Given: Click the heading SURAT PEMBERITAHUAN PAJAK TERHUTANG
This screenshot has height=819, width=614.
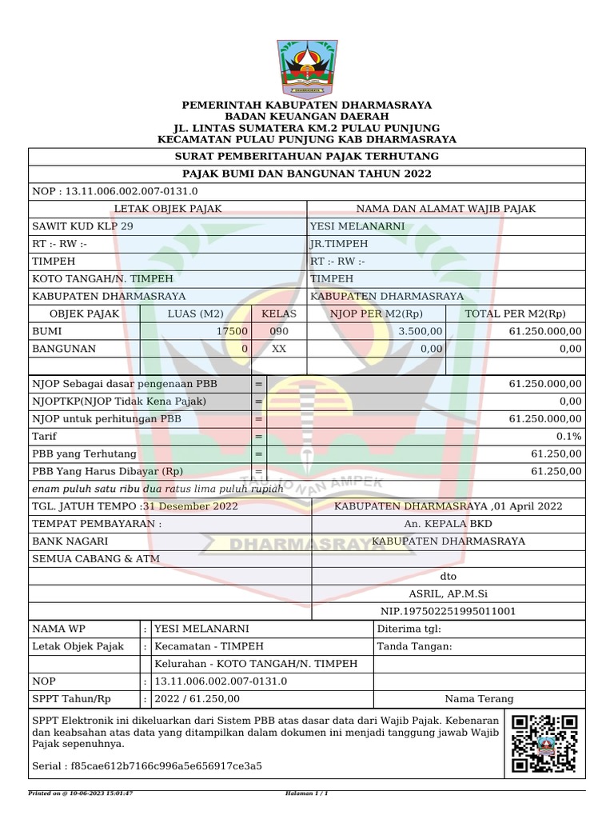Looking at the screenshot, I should tap(307, 156).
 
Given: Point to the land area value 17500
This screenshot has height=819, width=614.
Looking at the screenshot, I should tap(232, 331).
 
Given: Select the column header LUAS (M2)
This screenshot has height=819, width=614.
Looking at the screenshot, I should tap(195, 314).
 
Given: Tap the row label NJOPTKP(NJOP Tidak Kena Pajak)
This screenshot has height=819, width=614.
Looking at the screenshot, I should tap(118, 401).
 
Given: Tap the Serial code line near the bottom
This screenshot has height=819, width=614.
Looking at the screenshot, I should tap(146, 765).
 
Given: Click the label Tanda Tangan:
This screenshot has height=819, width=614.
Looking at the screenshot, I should tap(414, 646).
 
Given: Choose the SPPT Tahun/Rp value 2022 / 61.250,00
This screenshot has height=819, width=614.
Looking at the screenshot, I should tap(197, 698).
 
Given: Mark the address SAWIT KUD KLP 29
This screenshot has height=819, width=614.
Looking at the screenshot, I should tap(82, 226).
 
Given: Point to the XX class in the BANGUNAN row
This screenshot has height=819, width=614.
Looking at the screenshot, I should tap(278, 349).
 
